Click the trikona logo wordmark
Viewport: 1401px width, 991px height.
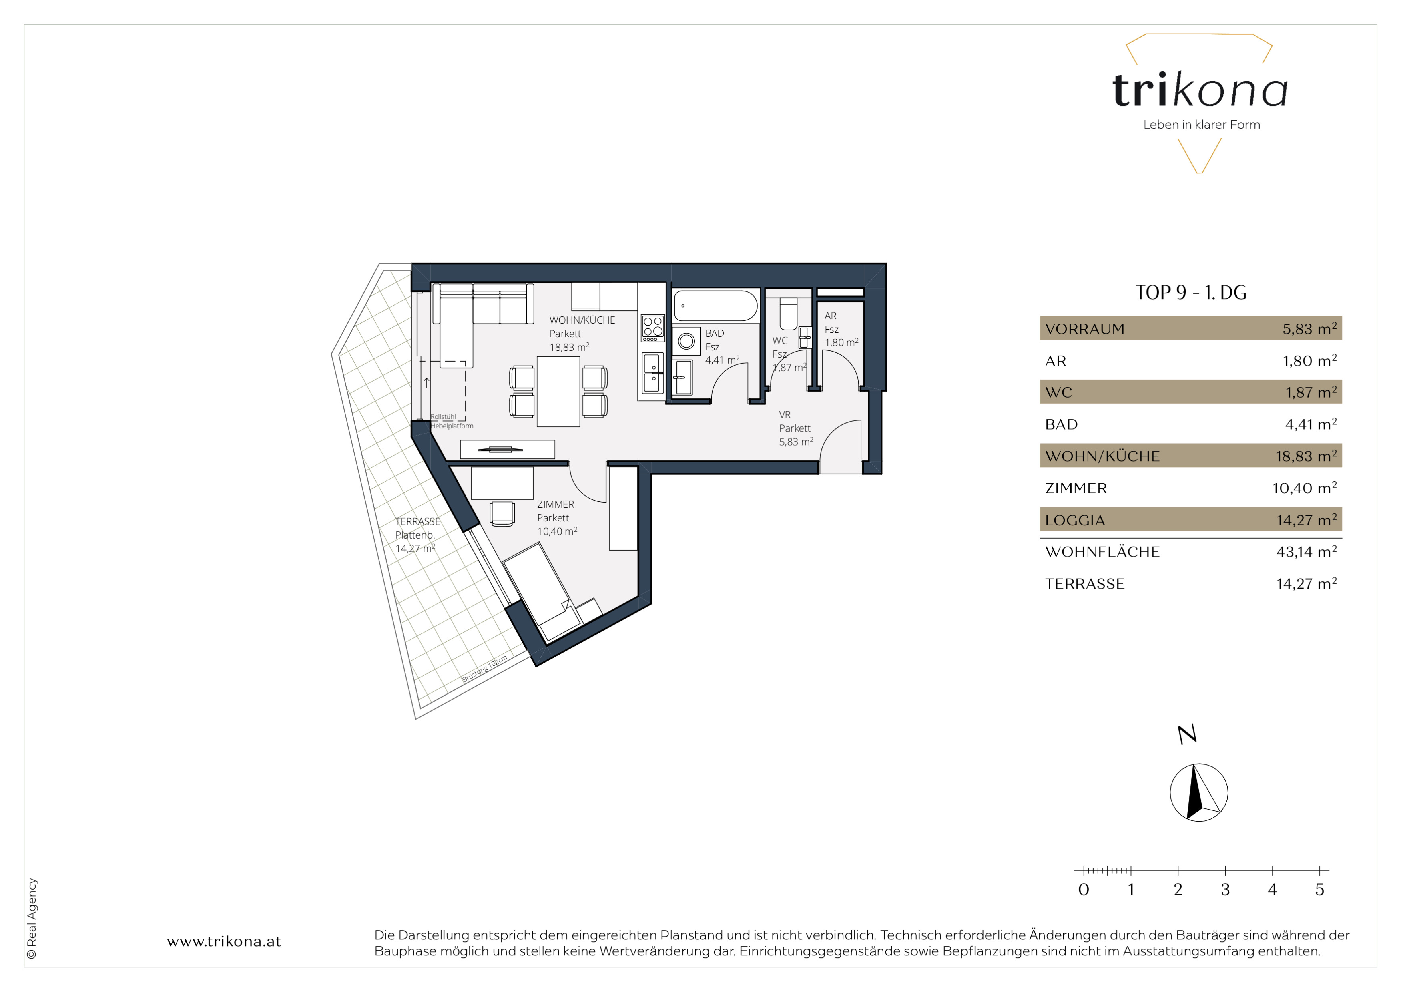click(1200, 90)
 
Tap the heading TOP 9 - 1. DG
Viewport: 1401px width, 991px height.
click(1190, 292)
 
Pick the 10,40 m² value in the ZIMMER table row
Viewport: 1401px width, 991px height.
click(1305, 488)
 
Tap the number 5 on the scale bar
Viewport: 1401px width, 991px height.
click(1319, 890)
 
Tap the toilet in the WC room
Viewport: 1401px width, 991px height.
click(789, 314)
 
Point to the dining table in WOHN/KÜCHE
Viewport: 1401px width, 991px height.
click(558, 391)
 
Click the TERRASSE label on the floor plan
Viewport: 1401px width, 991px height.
click(417, 521)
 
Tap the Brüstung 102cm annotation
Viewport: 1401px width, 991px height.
click(484, 669)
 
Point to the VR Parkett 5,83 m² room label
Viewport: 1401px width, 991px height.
click(796, 428)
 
